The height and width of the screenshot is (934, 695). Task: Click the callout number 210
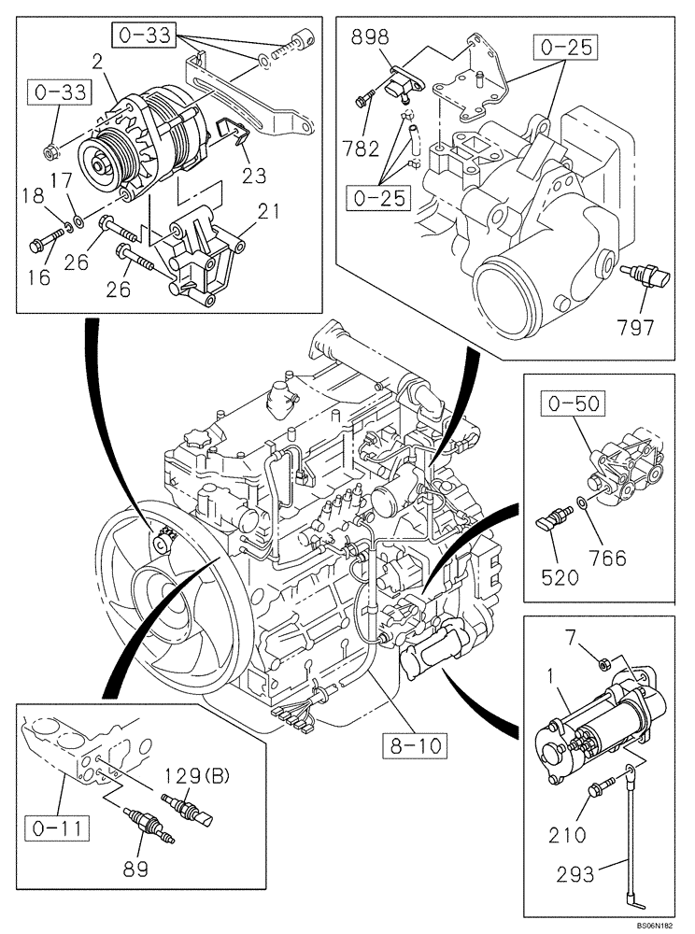pyautogui.click(x=569, y=834)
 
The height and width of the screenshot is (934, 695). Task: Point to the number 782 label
pyautogui.click(x=362, y=149)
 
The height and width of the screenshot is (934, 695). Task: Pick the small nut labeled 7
pyautogui.click(x=604, y=664)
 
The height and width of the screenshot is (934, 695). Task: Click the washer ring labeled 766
pyautogui.click(x=583, y=503)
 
